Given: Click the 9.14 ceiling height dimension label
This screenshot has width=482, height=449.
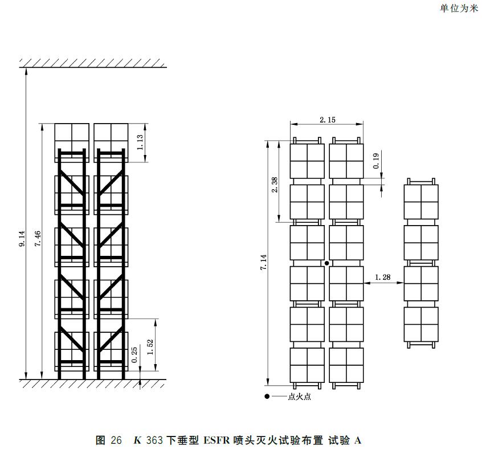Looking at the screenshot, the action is click(x=22, y=239).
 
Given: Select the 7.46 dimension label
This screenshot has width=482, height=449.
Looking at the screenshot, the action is click(x=38, y=239).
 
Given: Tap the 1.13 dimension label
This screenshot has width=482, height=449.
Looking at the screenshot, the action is click(x=140, y=142).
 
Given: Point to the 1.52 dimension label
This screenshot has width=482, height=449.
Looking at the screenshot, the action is click(x=150, y=347).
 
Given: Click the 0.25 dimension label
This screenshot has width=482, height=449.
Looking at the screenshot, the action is click(x=134, y=355).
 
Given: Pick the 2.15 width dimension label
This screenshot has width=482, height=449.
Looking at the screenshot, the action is click(x=328, y=120).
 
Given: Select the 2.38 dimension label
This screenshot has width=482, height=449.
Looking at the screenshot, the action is click(x=275, y=185).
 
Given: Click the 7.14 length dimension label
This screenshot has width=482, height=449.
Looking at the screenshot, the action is click(x=263, y=263).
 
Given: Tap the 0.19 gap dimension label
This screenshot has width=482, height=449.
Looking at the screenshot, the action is click(x=376, y=161).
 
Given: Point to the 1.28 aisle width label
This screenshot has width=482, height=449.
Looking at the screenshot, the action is click(x=383, y=277).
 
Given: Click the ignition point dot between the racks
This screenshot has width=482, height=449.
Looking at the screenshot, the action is click(x=327, y=263).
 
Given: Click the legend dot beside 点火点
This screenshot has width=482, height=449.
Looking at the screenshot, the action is click(x=267, y=397).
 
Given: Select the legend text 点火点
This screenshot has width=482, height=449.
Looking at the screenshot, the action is click(x=300, y=397).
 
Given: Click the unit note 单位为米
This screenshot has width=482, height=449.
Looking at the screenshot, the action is click(x=459, y=9).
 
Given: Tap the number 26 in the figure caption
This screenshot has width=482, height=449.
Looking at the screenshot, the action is click(x=116, y=440).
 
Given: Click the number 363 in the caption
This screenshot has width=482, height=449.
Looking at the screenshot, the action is click(x=154, y=440).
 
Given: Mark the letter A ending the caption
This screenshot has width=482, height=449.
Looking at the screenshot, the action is click(x=357, y=440).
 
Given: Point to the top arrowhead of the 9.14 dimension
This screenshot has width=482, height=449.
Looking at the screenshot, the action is click(x=26, y=71).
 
